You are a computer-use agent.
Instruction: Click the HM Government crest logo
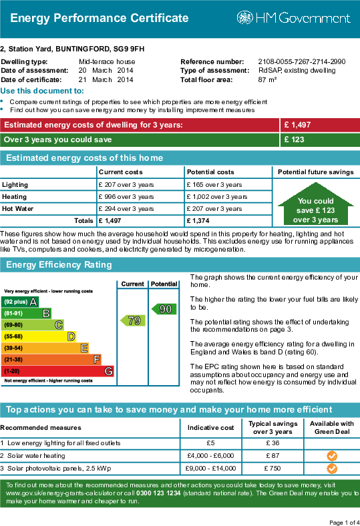244,17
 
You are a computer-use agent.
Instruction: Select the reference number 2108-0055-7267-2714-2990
302,61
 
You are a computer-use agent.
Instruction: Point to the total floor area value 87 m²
267,80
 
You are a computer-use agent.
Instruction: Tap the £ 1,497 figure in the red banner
297,125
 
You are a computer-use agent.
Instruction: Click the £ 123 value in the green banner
294,140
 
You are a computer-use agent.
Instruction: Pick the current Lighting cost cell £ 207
126,185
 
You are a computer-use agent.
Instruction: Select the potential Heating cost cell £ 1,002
217,197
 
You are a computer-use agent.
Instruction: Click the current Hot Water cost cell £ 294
126,209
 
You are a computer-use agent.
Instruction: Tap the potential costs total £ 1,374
198,221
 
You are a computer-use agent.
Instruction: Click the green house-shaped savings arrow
315,204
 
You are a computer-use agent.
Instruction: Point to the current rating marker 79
133,320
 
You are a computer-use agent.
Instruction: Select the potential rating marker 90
164,309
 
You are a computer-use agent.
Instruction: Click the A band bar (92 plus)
20,302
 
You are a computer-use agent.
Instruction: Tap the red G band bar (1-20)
57,371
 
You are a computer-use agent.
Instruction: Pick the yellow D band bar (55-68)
39,336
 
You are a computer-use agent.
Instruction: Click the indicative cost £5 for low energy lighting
210,443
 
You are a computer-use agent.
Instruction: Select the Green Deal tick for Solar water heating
332,456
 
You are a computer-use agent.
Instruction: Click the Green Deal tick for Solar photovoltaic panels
332,469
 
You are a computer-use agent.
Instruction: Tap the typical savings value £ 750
273,469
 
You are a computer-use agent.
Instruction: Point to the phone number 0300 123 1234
158,493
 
